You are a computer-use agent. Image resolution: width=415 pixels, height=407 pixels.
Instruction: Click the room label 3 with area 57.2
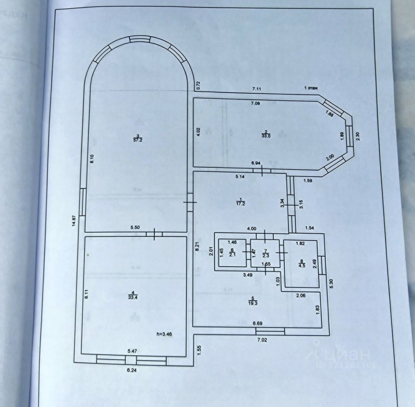[138, 138]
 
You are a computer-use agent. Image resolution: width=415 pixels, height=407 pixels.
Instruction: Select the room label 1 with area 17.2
[240, 201]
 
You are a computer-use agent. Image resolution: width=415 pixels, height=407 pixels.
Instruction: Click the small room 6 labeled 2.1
[232, 252]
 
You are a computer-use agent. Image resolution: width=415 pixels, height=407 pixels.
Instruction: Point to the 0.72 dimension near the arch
[199, 85]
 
